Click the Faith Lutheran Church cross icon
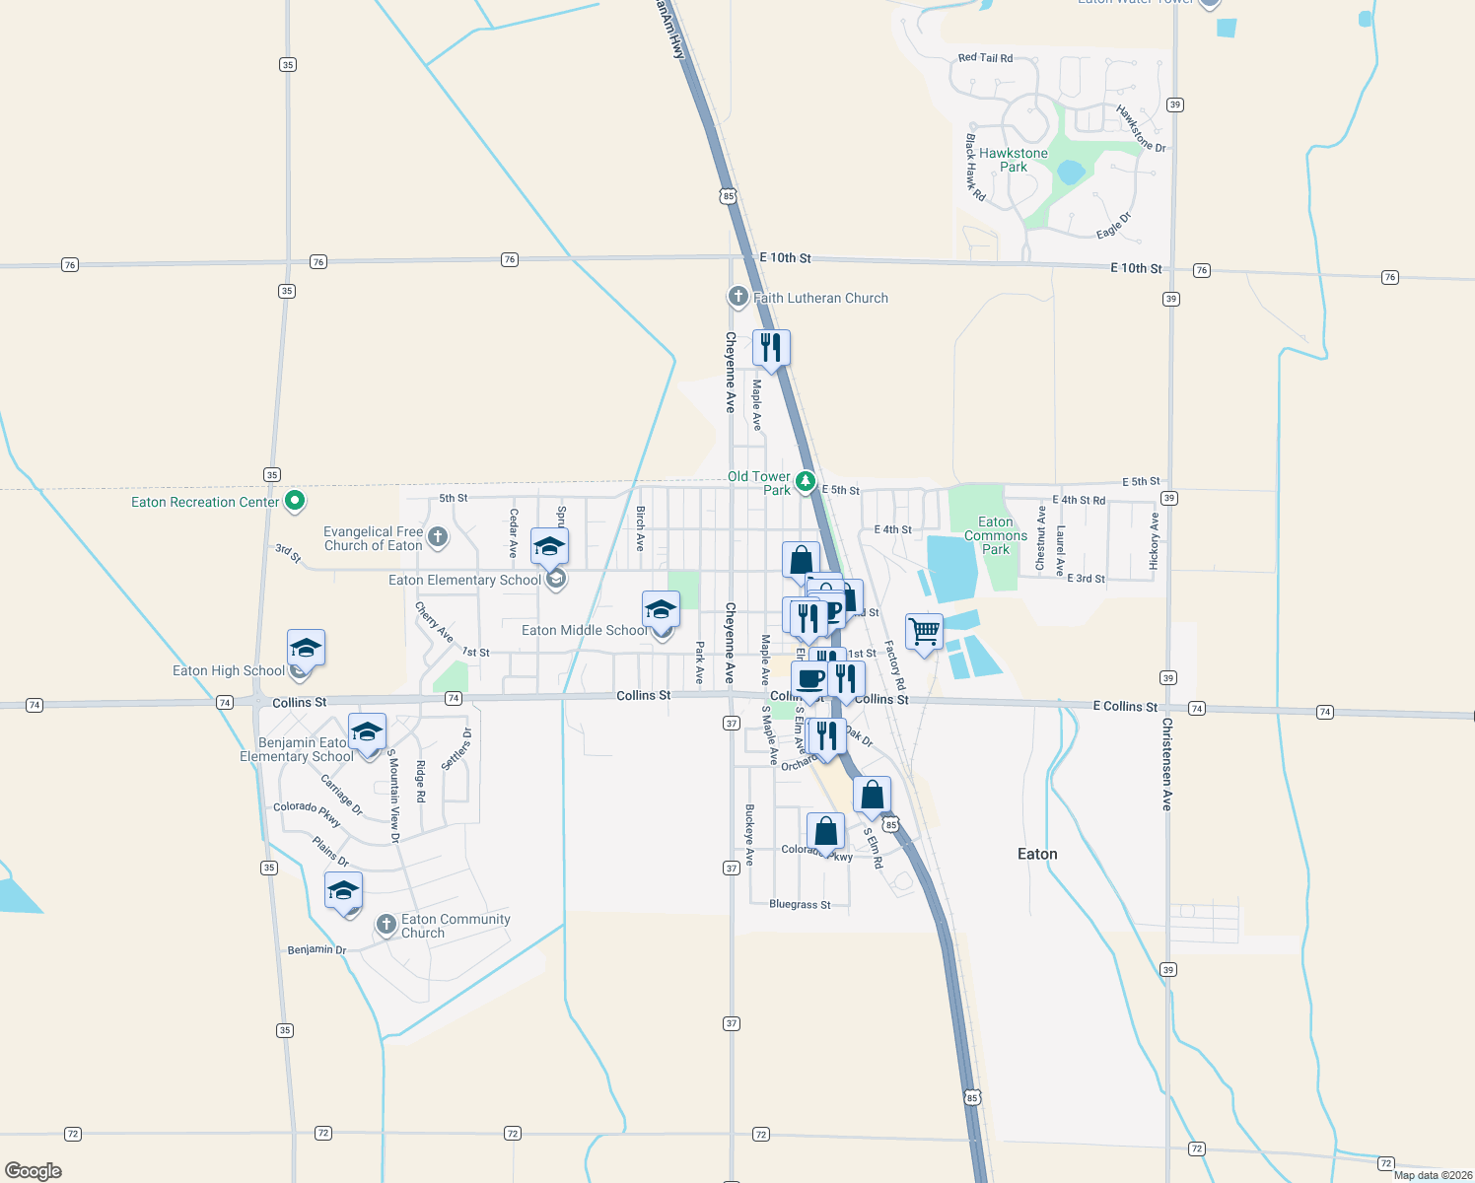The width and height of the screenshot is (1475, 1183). click(x=737, y=297)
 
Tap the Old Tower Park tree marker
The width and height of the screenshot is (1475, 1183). click(x=806, y=482)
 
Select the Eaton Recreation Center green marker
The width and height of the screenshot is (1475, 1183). click(x=294, y=501)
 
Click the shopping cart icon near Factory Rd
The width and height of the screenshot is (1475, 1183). click(x=924, y=631)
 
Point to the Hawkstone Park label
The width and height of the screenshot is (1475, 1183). click(x=1014, y=160)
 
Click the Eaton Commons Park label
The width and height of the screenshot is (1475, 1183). click(x=996, y=535)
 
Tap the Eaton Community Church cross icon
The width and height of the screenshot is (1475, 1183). click(x=386, y=925)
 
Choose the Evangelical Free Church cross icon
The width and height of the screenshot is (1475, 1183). click(x=438, y=537)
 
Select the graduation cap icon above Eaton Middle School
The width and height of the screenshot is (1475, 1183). click(x=661, y=608)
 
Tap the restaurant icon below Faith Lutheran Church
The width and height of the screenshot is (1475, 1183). click(x=771, y=347)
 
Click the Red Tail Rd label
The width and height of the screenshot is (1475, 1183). click(x=985, y=58)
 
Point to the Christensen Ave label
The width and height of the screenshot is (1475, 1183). click(x=1166, y=764)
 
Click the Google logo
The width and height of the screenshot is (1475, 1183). click(x=34, y=1170)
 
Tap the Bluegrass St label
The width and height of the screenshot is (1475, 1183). click(x=800, y=904)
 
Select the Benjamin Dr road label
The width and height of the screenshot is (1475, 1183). click(x=316, y=949)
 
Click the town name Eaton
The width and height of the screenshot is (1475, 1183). click(x=1037, y=854)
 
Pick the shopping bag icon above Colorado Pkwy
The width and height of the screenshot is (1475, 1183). click(x=825, y=831)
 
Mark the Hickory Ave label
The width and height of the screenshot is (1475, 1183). click(x=1154, y=540)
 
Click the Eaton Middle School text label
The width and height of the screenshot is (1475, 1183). click(x=585, y=630)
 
